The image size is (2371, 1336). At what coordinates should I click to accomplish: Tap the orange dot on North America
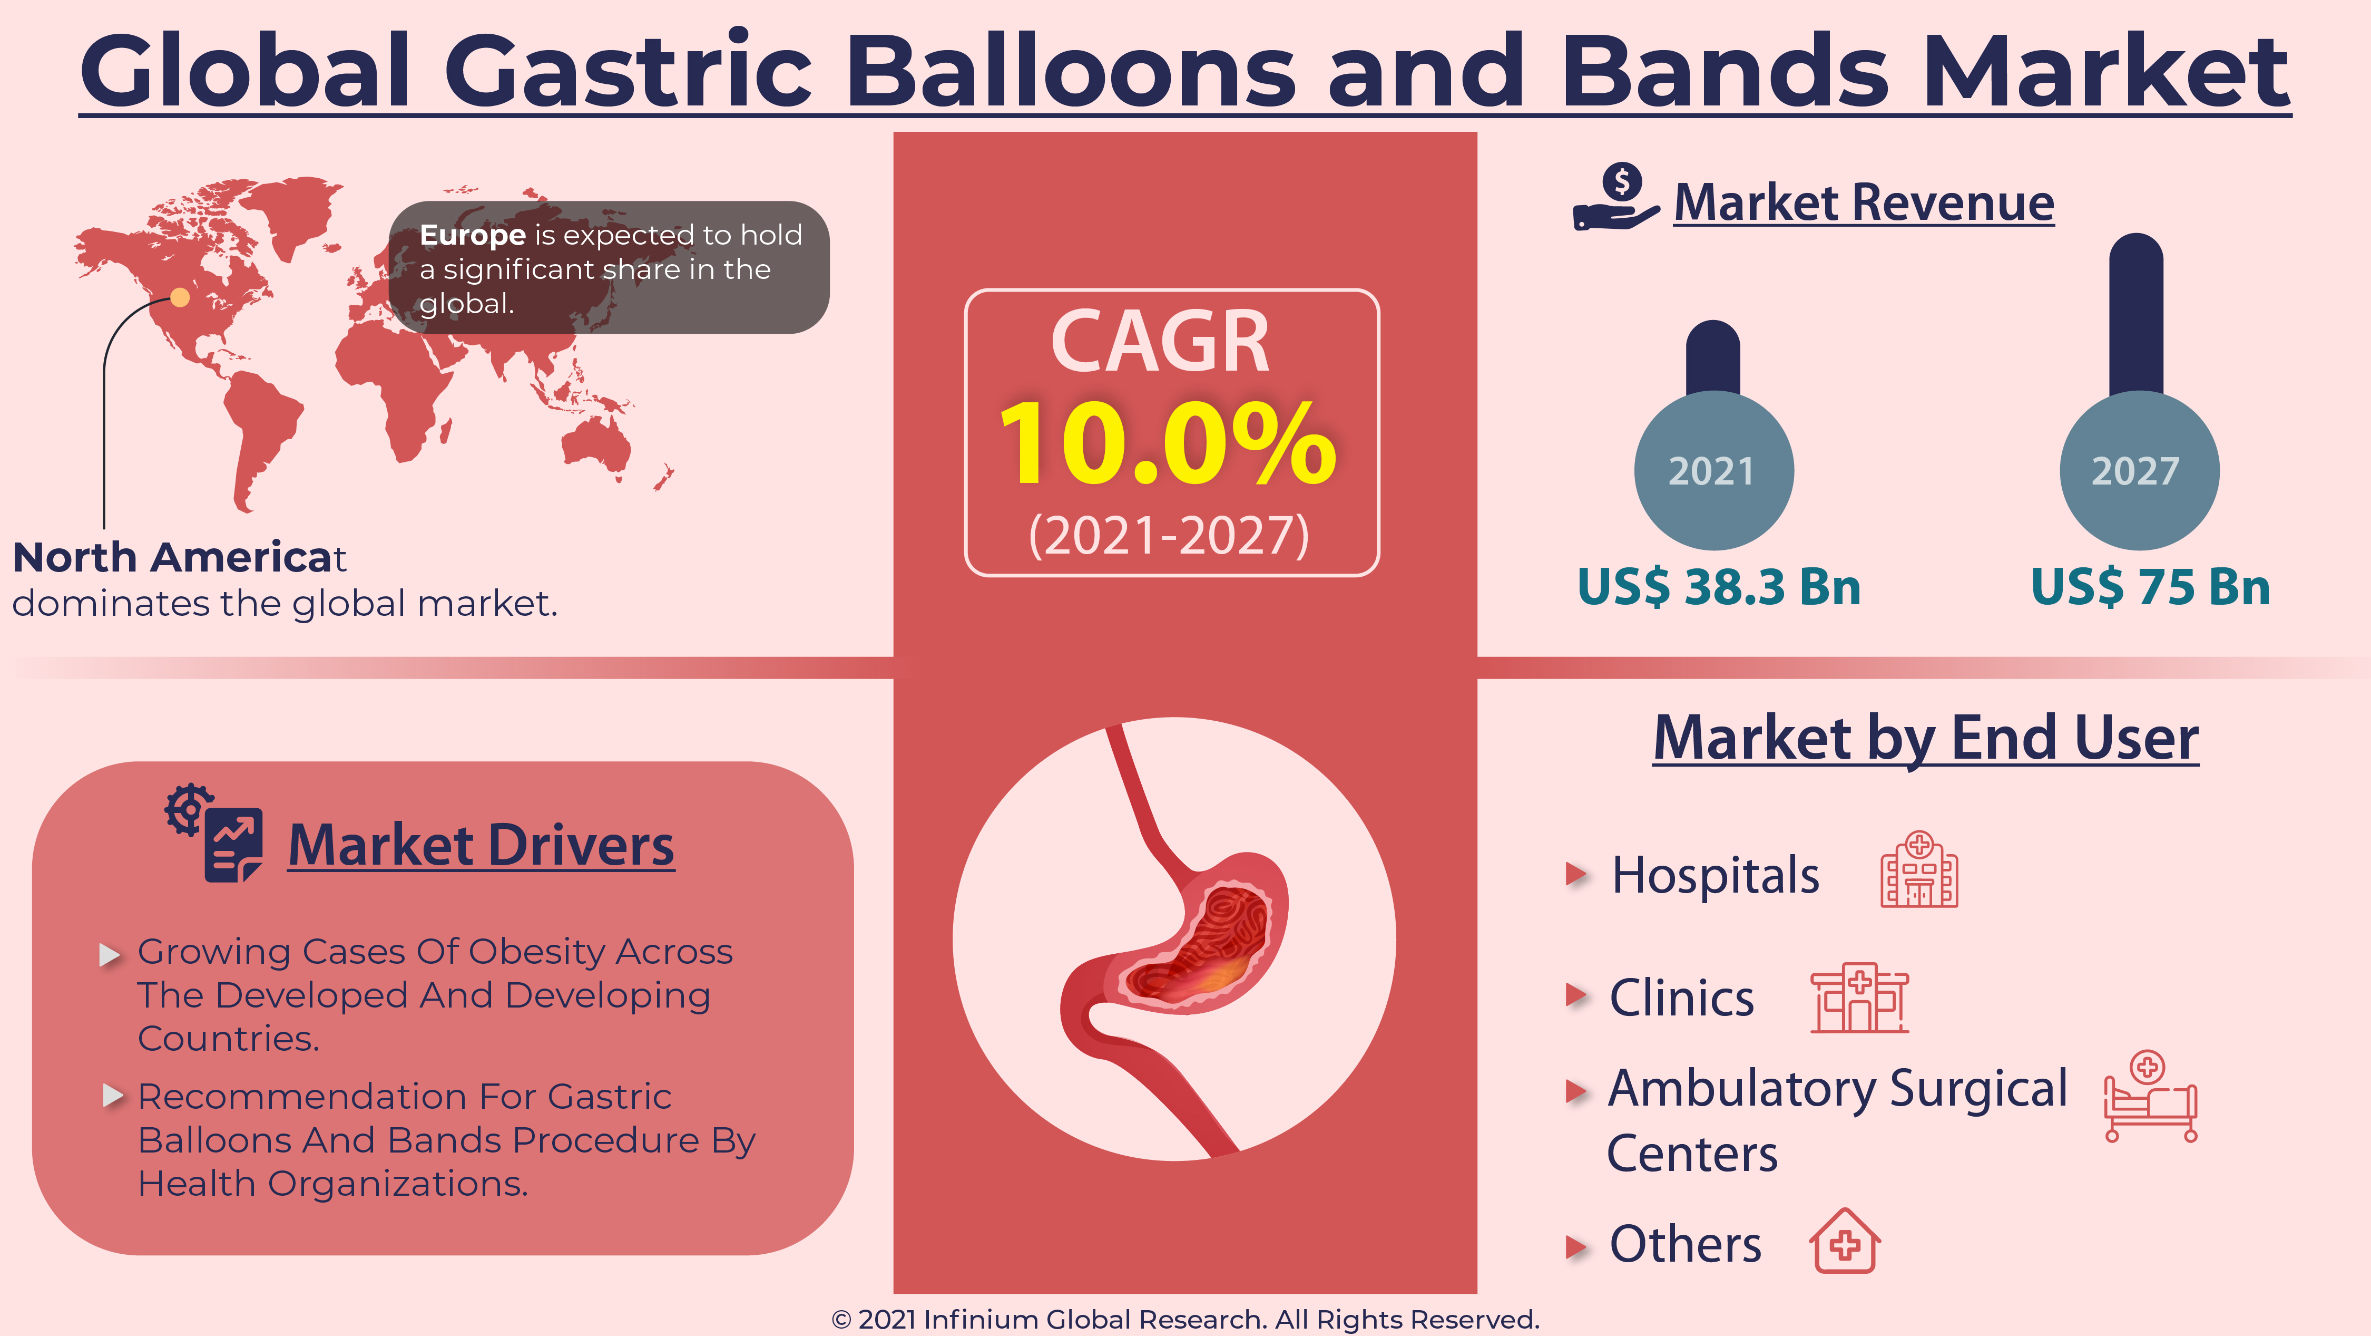pyautogui.click(x=180, y=296)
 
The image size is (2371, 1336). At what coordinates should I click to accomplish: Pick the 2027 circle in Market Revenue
pyautogui.click(x=2139, y=470)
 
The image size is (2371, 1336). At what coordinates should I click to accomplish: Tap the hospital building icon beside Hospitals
pyautogui.click(x=1918, y=869)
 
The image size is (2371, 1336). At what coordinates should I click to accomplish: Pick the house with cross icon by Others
pyautogui.click(x=1845, y=1240)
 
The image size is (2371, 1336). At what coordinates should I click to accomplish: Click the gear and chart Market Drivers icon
pyautogui.click(x=213, y=833)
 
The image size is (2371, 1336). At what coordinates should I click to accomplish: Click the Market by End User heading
pyautogui.click(x=1926, y=739)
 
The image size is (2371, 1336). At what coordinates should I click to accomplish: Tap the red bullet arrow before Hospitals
pyautogui.click(x=1576, y=874)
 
